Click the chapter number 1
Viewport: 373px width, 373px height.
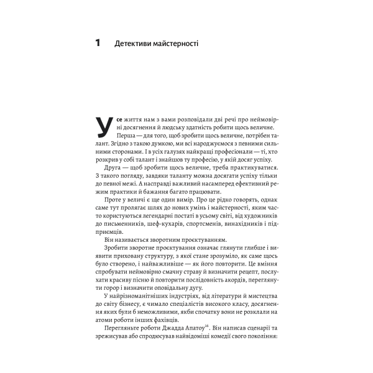tap(98, 44)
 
